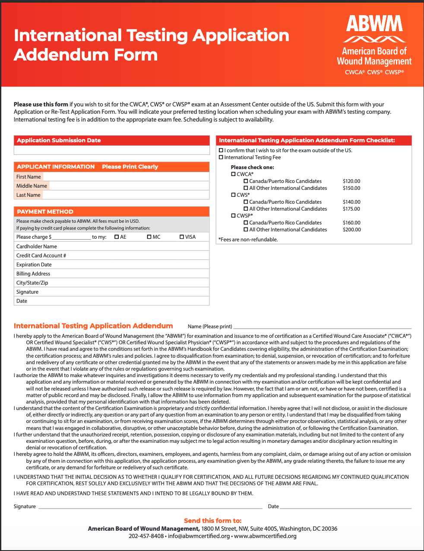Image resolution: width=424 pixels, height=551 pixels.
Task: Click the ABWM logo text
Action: click(374, 24)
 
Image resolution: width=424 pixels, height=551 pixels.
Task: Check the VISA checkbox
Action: click(182, 237)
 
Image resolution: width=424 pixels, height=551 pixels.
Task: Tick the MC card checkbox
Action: click(149, 237)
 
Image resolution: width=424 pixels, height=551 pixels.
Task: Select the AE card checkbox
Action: click(117, 237)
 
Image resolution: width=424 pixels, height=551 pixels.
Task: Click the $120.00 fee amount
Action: click(351, 181)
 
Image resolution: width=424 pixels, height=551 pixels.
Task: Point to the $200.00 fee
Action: click(351, 230)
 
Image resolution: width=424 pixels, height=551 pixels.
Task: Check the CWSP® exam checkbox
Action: click(233, 215)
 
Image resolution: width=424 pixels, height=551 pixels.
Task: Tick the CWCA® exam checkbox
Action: click(233, 174)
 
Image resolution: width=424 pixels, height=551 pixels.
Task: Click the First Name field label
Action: click(28, 177)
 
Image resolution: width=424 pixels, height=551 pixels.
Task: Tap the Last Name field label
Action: click(28, 195)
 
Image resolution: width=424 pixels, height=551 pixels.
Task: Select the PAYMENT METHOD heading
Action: click(45, 211)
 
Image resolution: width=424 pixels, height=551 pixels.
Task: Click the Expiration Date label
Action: click(34, 265)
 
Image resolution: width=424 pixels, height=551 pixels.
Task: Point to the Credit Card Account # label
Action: click(41, 256)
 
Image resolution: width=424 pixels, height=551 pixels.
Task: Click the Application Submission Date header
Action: click(59, 140)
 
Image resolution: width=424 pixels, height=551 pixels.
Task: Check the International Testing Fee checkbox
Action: click(221, 157)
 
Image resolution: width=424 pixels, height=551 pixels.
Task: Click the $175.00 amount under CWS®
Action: click(351, 209)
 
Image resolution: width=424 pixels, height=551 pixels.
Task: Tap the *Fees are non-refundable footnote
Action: click(248, 240)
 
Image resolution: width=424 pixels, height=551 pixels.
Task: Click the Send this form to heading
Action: click(212, 521)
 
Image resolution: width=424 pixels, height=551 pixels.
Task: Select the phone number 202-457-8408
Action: click(146, 536)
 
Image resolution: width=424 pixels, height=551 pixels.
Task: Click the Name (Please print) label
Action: click(210, 327)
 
